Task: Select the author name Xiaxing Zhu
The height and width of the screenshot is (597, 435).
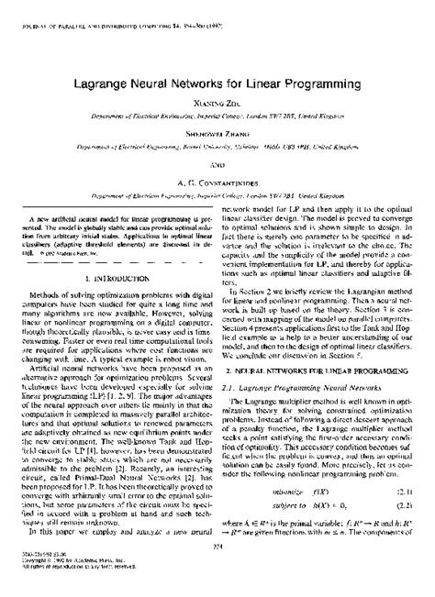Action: tap(217, 80)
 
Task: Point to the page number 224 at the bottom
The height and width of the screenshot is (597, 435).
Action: tap(217, 572)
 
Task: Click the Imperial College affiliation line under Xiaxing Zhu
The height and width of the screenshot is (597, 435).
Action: tap(217, 92)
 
